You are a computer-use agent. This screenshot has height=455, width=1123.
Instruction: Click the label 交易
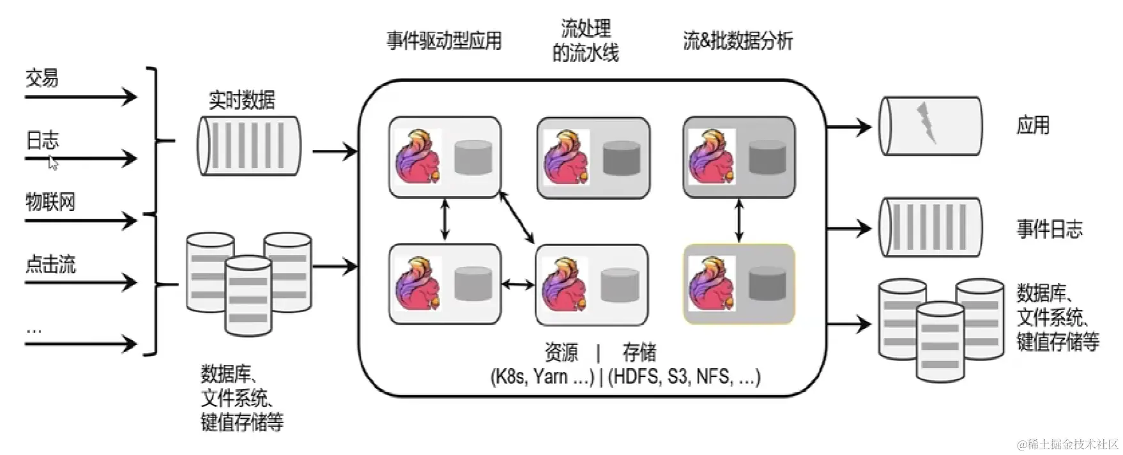click(x=42, y=78)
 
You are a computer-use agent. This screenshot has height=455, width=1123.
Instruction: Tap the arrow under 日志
click(x=80, y=158)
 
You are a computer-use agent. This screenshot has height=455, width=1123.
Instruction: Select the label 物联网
click(x=50, y=202)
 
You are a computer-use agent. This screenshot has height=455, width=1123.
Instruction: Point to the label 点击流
click(x=50, y=264)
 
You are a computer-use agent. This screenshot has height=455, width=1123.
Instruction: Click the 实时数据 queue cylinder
click(x=248, y=146)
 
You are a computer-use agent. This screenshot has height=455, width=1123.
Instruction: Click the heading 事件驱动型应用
click(x=444, y=41)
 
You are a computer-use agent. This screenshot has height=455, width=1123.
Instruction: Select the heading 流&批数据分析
click(x=738, y=41)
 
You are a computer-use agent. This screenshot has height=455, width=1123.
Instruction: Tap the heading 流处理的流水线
click(x=585, y=41)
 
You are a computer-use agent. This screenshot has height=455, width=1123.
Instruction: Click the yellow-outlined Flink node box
click(x=739, y=284)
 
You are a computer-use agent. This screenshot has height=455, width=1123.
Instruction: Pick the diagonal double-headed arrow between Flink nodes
click(x=517, y=217)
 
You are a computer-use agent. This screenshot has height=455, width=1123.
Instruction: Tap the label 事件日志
click(x=1050, y=229)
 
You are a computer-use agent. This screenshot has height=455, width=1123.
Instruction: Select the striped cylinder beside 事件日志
click(x=930, y=227)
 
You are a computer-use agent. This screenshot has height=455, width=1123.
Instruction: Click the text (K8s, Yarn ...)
click(x=542, y=376)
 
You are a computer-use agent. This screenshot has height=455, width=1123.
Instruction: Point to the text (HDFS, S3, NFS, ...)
click(x=684, y=376)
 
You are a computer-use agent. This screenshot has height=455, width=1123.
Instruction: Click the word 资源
click(x=561, y=352)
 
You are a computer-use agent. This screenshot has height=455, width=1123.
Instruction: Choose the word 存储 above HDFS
click(x=639, y=352)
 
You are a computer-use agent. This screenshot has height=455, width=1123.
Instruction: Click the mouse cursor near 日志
click(x=54, y=163)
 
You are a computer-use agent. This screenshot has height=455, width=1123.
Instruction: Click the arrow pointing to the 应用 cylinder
click(x=849, y=127)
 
